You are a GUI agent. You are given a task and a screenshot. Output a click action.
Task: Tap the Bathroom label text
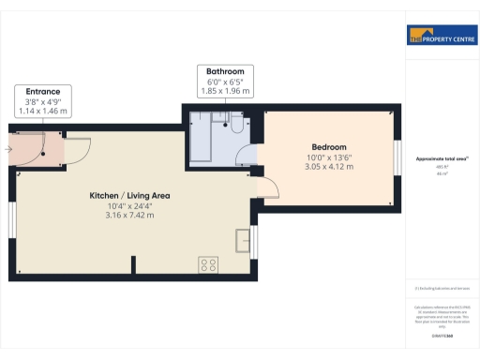225,71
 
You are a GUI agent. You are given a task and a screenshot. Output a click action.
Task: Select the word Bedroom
329,147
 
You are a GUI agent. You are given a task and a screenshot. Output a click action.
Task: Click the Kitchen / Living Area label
129,195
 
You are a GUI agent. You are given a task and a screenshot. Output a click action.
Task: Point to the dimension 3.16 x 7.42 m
129,215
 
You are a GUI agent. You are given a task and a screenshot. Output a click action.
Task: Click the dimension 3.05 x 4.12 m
329,167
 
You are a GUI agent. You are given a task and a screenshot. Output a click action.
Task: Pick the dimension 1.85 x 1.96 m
225,91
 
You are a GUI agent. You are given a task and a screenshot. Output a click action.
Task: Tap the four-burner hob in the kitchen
208,265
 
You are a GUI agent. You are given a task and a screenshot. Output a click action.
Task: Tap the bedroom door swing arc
269,187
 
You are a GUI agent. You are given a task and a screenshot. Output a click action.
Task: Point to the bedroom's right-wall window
397,156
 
